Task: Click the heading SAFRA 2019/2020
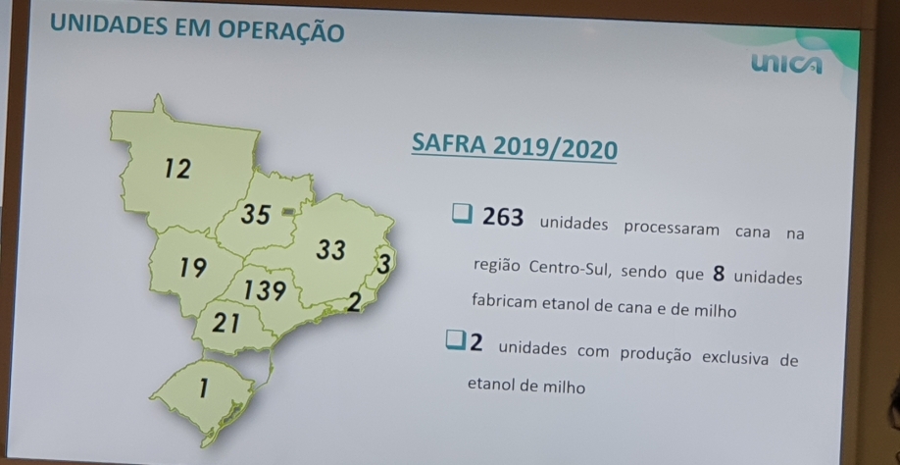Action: point(515,149)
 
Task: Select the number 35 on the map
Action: point(256,214)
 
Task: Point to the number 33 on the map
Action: point(330,250)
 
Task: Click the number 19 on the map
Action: point(192,267)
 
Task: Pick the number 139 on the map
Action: point(265,290)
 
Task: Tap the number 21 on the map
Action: point(225,321)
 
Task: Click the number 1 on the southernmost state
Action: point(202,388)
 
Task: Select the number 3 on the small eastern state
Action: point(383,264)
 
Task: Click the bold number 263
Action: point(504,218)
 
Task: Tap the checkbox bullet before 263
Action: point(462,215)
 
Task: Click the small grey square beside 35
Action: point(288,210)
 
